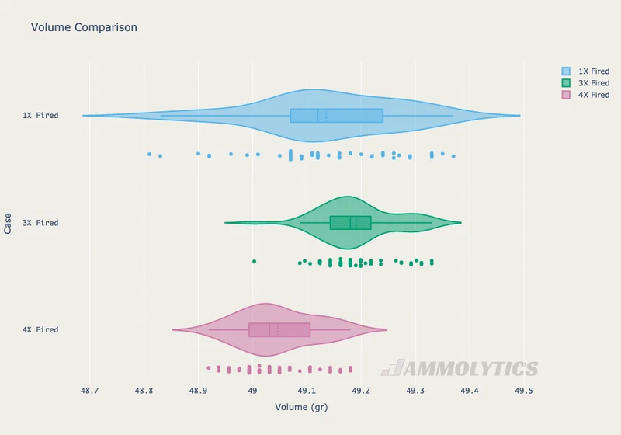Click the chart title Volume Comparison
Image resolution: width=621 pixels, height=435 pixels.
84,27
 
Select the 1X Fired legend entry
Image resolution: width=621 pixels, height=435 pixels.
585,71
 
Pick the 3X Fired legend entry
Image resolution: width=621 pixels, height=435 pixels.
585,83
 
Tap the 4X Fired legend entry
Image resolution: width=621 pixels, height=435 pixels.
585,95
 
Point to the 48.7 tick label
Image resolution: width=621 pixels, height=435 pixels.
89,391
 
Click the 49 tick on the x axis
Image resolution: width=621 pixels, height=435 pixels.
252,391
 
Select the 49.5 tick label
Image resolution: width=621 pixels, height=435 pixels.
523,391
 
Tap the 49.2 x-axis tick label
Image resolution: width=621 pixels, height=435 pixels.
361,391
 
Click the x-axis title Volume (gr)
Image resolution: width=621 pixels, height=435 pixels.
301,407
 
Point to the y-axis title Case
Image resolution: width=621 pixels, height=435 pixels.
8,224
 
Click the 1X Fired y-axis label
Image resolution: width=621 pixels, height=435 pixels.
40,115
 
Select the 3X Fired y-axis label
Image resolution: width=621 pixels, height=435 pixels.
40,223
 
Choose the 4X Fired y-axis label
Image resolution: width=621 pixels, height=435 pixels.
40,329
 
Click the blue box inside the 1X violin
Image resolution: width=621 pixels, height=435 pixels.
337,116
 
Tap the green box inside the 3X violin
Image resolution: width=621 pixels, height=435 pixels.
351,223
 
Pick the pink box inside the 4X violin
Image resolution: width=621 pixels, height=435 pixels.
279,330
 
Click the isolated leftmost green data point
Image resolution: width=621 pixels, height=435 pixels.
255,262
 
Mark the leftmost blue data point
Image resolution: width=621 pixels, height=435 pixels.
149,154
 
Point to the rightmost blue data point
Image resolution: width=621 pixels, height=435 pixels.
453,156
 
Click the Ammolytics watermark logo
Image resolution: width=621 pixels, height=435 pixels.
460,368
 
